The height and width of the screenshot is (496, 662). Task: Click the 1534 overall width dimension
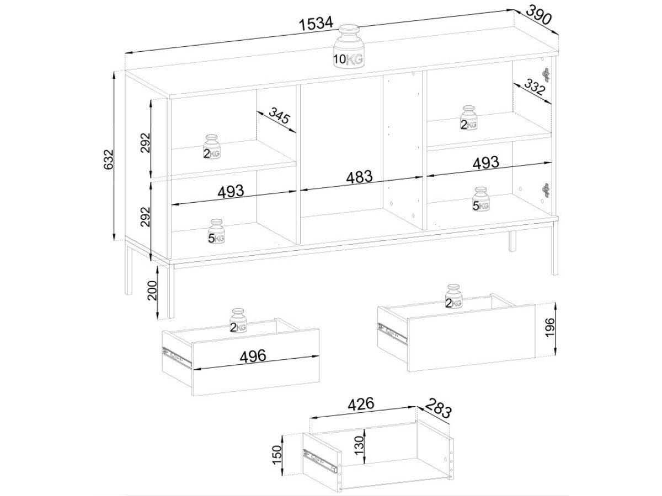click(x=316, y=24)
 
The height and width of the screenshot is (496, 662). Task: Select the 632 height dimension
click(x=109, y=159)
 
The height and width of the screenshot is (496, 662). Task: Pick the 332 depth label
click(x=535, y=87)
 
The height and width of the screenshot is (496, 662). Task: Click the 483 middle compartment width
click(x=360, y=177)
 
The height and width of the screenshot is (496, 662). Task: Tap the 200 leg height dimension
click(x=153, y=290)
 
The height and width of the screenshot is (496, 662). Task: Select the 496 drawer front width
click(x=253, y=356)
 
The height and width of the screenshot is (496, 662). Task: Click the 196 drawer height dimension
click(x=549, y=327)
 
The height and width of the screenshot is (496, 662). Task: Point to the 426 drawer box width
click(x=361, y=404)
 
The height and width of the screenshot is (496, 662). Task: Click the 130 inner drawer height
click(x=359, y=445)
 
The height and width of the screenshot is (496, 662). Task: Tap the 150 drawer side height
click(x=276, y=455)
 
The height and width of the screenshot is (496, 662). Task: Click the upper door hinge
click(x=545, y=74)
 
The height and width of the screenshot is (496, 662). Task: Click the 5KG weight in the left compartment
click(x=216, y=231)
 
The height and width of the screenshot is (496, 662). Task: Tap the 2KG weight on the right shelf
click(x=469, y=118)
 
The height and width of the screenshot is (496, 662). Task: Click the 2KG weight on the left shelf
click(x=212, y=147)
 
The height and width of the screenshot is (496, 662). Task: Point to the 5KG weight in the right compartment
click(x=481, y=199)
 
